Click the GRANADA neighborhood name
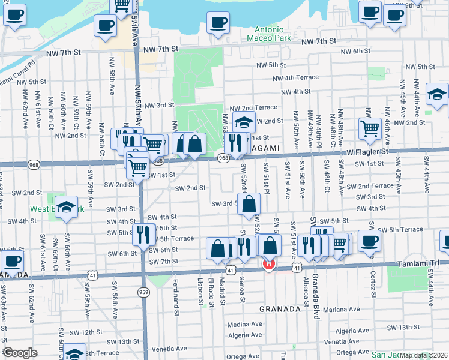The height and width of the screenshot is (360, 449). pyautogui.click(x=279, y=309)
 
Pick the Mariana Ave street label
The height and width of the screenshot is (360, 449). pyautogui.click(x=341, y=310)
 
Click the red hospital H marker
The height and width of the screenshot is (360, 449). pyautogui.click(x=269, y=264)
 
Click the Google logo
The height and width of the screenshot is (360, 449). pyautogui.click(x=20, y=352)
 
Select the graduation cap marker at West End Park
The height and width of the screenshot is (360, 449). pyautogui.click(x=67, y=206)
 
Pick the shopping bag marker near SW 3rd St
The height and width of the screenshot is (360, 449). pyautogui.click(x=249, y=203)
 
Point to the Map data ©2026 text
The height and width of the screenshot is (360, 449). pyautogui.click(x=423, y=355)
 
